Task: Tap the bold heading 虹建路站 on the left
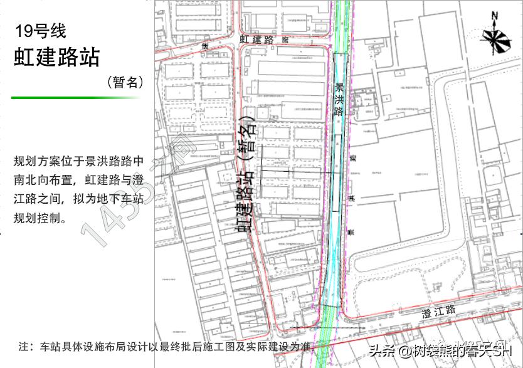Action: coord(57,57)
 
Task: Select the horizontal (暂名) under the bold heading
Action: coord(125,82)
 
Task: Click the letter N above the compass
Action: coord(495,16)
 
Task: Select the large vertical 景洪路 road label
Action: coord(339,100)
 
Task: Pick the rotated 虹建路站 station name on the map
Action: coord(245,201)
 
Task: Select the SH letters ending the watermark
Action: coord(504,351)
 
